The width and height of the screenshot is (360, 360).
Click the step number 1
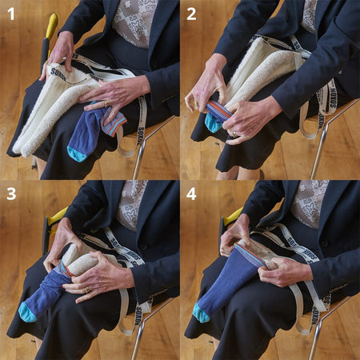(x=11, y=14)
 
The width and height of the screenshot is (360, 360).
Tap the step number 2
(x=191, y=14)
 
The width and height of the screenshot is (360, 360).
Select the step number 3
(x=11, y=194)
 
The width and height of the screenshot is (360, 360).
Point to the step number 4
(x=191, y=194)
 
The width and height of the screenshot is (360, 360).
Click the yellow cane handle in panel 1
(x=50, y=25)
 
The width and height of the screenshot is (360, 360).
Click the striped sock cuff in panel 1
(x=113, y=123)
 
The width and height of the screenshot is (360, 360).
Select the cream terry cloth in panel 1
(x=48, y=112)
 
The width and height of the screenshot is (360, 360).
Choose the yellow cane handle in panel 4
(x=233, y=214)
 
